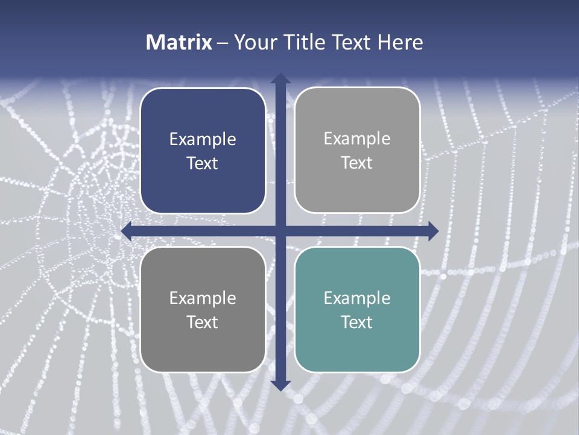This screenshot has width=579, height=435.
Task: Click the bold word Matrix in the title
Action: coord(179,42)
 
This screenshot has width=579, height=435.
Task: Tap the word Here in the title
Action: coord(400,42)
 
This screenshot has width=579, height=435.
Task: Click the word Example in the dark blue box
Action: coord(203,140)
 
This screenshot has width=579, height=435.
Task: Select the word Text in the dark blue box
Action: coord(203,163)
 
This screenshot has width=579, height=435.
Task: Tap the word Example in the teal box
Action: coord(357,298)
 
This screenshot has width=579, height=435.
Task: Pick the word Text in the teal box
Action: coord(357,322)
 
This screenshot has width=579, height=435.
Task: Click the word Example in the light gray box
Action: coord(357,139)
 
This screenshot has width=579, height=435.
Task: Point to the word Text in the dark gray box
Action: coord(203,322)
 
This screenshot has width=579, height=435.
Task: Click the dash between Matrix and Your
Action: coord(223,43)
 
